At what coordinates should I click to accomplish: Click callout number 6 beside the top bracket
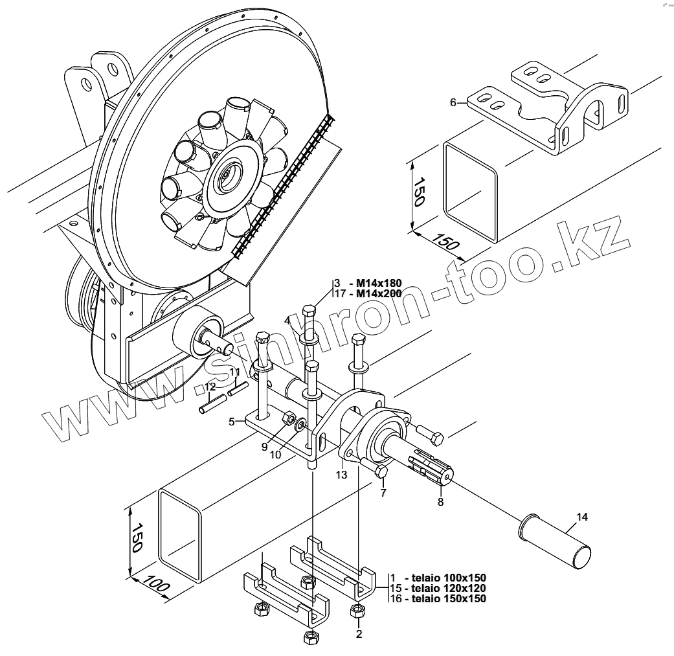point(454,102)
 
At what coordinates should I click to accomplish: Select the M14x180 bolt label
point(375,283)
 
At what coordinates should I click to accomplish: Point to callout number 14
point(581,517)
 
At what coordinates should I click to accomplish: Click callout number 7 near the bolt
point(383,493)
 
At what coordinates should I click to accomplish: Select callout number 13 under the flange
point(342,475)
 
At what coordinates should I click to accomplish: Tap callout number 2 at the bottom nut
point(359,634)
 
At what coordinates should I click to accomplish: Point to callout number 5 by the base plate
point(231,422)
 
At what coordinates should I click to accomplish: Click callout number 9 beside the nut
point(264,446)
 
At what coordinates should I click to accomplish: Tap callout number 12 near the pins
point(209,387)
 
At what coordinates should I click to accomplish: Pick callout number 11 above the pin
point(235,372)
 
